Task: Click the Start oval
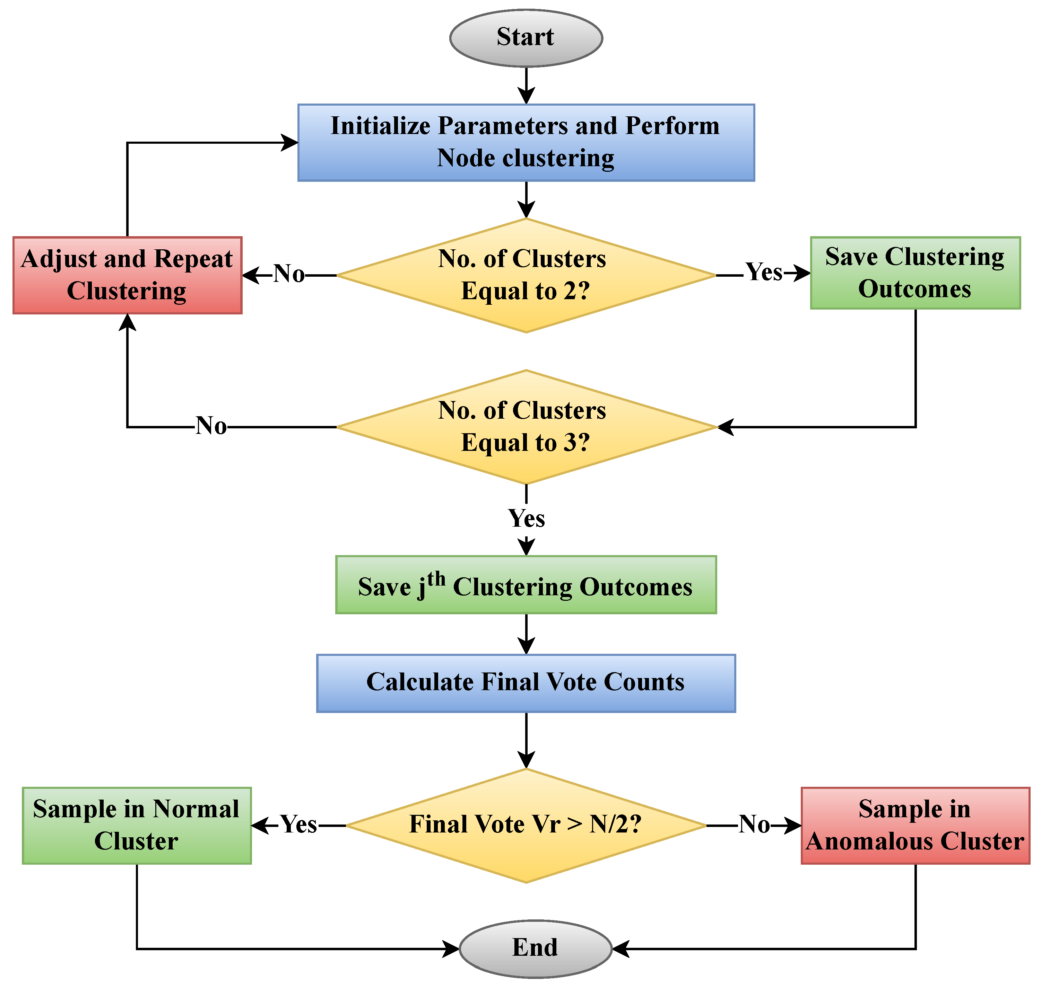pyautogui.click(x=526, y=38)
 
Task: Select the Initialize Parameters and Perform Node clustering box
pyautogui.click(x=526, y=142)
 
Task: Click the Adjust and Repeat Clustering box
pyautogui.click(x=127, y=275)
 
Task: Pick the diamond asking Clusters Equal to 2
pyautogui.click(x=526, y=275)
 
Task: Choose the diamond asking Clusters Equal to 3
pyautogui.click(x=526, y=427)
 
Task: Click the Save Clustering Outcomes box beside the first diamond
pyautogui.click(x=915, y=273)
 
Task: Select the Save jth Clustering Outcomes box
pyautogui.click(x=526, y=585)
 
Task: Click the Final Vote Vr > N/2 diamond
pyautogui.click(x=526, y=825)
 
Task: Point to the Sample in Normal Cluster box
pyautogui.click(x=137, y=825)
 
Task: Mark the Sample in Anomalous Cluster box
pyautogui.click(x=915, y=825)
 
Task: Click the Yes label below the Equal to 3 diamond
pyautogui.click(x=526, y=518)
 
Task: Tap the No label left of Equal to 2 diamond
pyautogui.click(x=289, y=274)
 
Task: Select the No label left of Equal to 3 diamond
pyautogui.click(x=211, y=426)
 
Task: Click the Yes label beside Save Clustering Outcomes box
pyautogui.click(x=763, y=273)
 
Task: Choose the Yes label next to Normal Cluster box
pyautogui.click(x=298, y=824)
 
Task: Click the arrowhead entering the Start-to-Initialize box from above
pyautogui.click(x=526, y=97)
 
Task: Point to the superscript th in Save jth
pyautogui.click(x=436, y=579)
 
